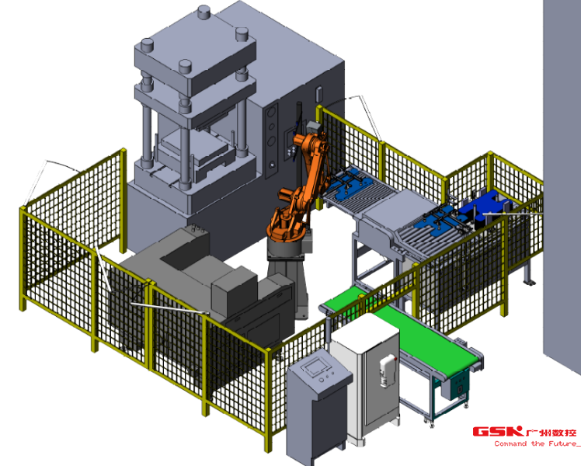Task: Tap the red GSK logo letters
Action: click(498, 432)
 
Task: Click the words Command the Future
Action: click(535, 443)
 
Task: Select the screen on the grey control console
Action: click(316, 364)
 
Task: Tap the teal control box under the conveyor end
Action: click(459, 386)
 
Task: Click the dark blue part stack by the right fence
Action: click(485, 208)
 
